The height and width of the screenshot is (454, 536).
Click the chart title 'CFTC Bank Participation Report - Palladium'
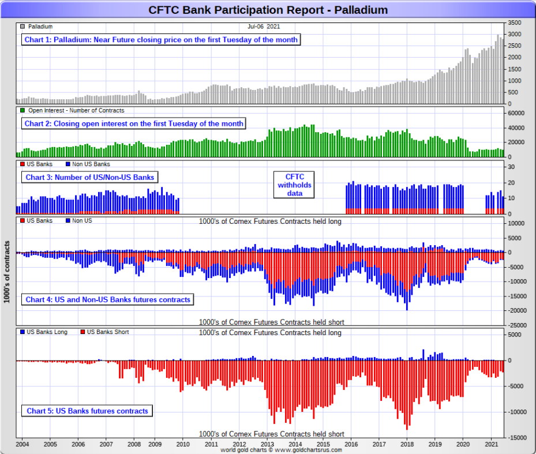(268, 10)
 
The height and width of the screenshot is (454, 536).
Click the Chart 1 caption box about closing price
(161, 40)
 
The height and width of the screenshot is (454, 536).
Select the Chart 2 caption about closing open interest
(134, 123)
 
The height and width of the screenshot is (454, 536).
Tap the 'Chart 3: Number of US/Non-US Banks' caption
(89, 177)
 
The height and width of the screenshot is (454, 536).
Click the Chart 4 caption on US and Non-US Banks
(108, 299)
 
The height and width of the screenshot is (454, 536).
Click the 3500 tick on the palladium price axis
(515, 22)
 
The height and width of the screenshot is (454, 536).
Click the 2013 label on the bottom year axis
(267, 444)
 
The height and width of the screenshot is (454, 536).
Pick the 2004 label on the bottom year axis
(23, 444)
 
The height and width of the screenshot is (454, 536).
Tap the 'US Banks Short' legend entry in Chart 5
(108, 332)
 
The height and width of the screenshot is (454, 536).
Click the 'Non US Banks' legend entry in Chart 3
(91, 164)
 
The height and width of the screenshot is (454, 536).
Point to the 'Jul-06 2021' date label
(264, 27)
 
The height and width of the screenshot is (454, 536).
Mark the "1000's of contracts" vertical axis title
(8, 271)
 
